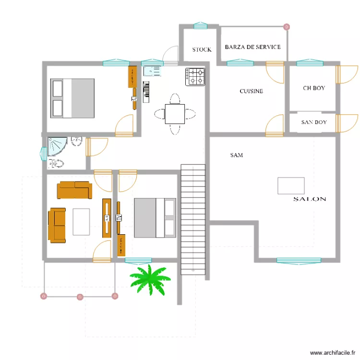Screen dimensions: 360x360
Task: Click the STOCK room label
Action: click(202, 49)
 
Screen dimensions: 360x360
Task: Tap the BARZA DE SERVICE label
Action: click(252, 47)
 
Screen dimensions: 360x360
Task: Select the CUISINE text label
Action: click(252, 91)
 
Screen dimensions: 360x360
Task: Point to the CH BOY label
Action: click(314, 88)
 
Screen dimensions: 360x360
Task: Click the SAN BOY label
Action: click(314, 122)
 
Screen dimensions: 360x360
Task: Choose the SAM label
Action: click(236, 155)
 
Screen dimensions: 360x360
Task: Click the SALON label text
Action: click(310, 199)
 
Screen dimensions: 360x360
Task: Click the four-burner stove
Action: click(195, 77)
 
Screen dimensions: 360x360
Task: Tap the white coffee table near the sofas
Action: click(81, 221)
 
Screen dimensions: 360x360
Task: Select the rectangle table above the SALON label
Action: click(291, 186)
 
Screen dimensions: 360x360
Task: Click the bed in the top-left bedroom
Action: click(72, 98)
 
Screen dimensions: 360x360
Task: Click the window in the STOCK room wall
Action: click(200, 26)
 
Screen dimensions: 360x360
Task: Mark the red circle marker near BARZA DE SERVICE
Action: click(287, 27)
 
